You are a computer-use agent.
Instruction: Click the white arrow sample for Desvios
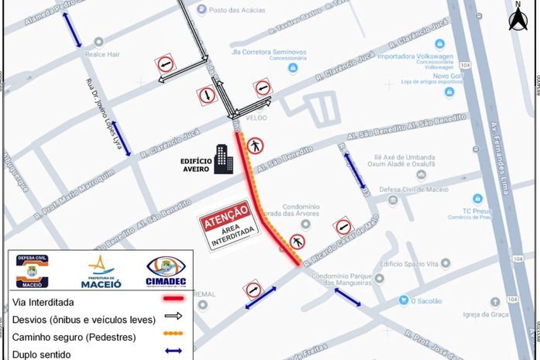click(x=172, y=316)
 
